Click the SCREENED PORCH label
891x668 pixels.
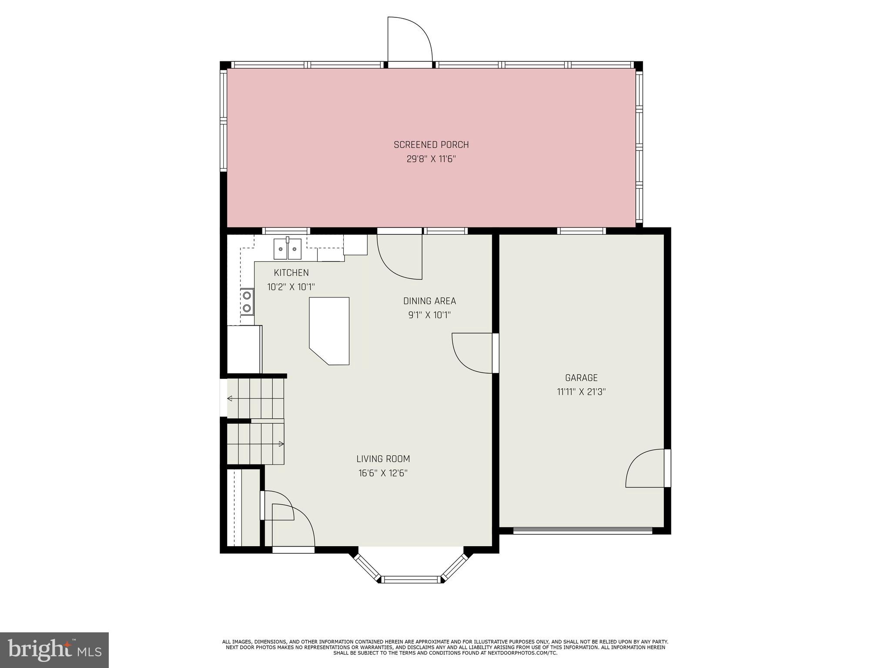click(x=431, y=145)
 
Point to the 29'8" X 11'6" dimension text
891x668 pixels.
click(x=431, y=159)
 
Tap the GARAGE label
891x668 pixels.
click(x=581, y=378)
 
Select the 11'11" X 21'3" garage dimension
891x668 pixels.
click(x=581, y=392)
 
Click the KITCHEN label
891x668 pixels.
click(x=291, y=273)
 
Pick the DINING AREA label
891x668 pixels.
click(x=429, y=301)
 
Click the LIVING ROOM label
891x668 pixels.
click(x=383, y=459)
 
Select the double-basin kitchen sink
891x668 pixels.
click(x=288, y=249)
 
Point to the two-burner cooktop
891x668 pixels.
click(x=247, y=301)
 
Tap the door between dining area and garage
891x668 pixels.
click(x=474, y=353)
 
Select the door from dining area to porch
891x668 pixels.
click(x=399, y=257)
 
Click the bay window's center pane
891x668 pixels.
click(x=411, y=579)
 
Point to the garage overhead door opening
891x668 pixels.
click(x=583, y=530)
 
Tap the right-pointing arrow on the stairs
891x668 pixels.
click(x=281, y=444)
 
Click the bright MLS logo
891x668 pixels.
click(x=54, y=650)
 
